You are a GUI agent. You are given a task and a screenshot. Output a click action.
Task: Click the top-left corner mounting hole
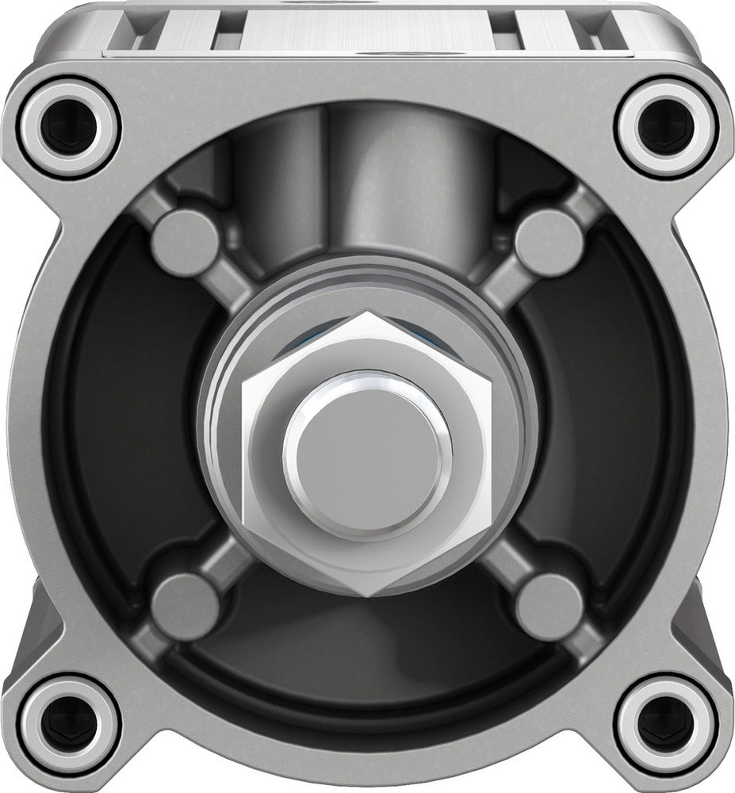point(68,127)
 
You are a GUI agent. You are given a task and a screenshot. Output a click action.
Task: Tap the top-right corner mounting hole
point(666,127)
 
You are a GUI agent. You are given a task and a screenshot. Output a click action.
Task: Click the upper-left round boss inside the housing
point(186,242)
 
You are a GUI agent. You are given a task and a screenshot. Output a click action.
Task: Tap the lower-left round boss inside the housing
point(186,606)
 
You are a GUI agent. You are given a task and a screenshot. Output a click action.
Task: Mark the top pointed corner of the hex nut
point(367,313)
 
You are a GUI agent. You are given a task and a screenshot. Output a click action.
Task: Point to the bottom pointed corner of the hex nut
point(367,596)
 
